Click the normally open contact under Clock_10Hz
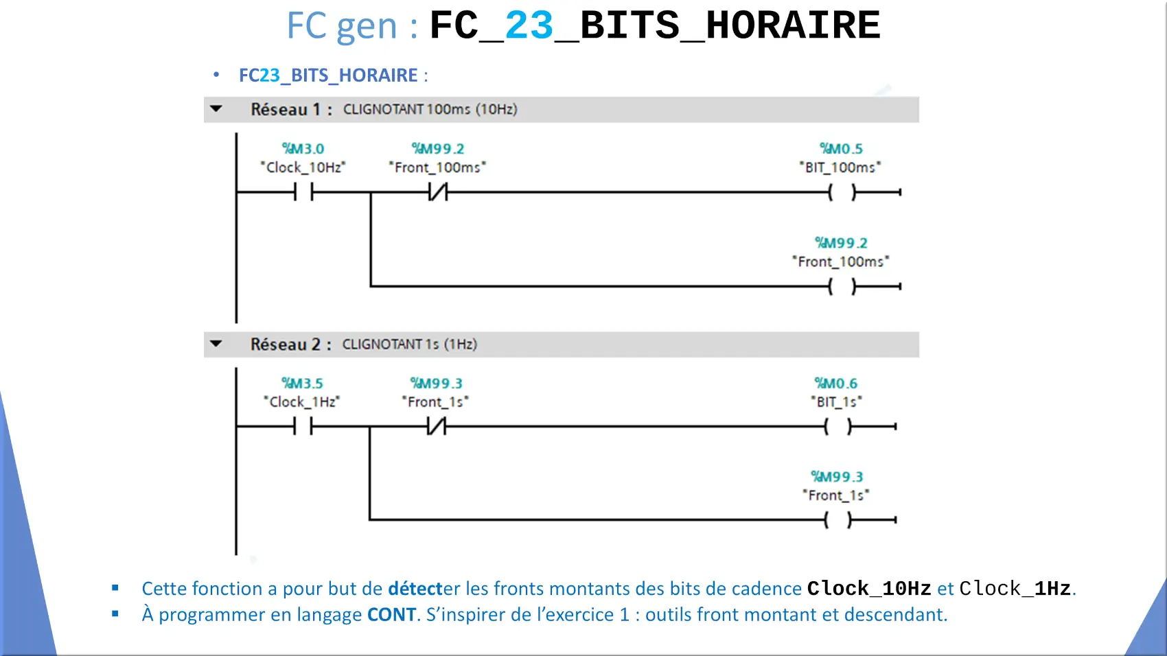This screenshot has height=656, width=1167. [x=303, y=192]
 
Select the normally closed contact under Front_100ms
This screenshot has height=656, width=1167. [x=438, y=192]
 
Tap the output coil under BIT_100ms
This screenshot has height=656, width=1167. [x=842, y=193]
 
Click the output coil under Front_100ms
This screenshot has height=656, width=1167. [x=842, y=286]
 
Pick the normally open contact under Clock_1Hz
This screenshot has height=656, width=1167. [x=303, y=426]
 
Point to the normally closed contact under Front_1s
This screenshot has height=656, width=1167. [x=437, y=426]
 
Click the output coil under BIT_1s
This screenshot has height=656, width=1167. [x=837, y=426]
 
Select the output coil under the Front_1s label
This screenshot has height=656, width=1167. [x=837, y=519]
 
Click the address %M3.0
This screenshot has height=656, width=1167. [x=303, y=149]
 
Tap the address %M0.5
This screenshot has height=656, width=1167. [x=841, y=149]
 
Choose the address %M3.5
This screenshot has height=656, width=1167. [x=302, y=384]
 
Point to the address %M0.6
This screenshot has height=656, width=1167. [x=835, y=384]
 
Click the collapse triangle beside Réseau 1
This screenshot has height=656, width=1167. [x=216, y=109]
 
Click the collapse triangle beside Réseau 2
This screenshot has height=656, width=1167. [x=216, y=344]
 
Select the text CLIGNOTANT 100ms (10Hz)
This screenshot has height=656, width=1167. [x=430, y=109]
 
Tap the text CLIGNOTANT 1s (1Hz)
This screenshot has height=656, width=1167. [x=410, y=344]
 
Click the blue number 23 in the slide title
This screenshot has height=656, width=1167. [x=529, y=25]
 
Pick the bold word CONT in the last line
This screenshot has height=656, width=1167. [x=391, y=615]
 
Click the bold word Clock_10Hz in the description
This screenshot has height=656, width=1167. [x=869, y=589]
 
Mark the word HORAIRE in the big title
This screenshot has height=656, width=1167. [x=793, y=25]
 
